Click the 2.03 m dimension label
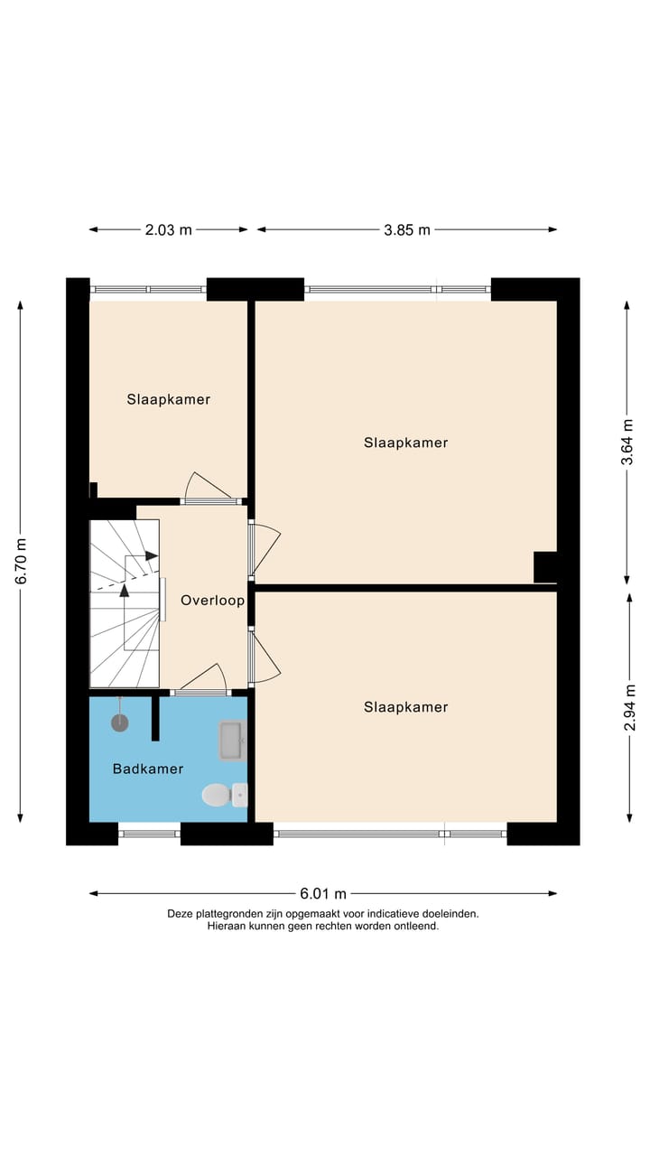pos(168,229)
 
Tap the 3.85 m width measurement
pos(405,229)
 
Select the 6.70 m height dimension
pos(21,561)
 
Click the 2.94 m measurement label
pos(629,707)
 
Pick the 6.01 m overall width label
pos(322,894)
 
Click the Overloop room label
pos(212,601)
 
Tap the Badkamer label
pos(148,769)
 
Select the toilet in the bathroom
pos(217,795)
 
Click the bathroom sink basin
pos(232,740)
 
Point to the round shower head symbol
pos(119,722)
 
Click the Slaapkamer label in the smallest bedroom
pos(169,399)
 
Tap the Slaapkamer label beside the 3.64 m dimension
pos(405,443)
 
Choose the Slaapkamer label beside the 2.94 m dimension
pos(405,707)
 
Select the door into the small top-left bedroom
pos(209,488)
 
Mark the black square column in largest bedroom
pos(545,567)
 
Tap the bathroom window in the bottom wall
pos(149,834)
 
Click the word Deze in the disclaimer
pos(181,913)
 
